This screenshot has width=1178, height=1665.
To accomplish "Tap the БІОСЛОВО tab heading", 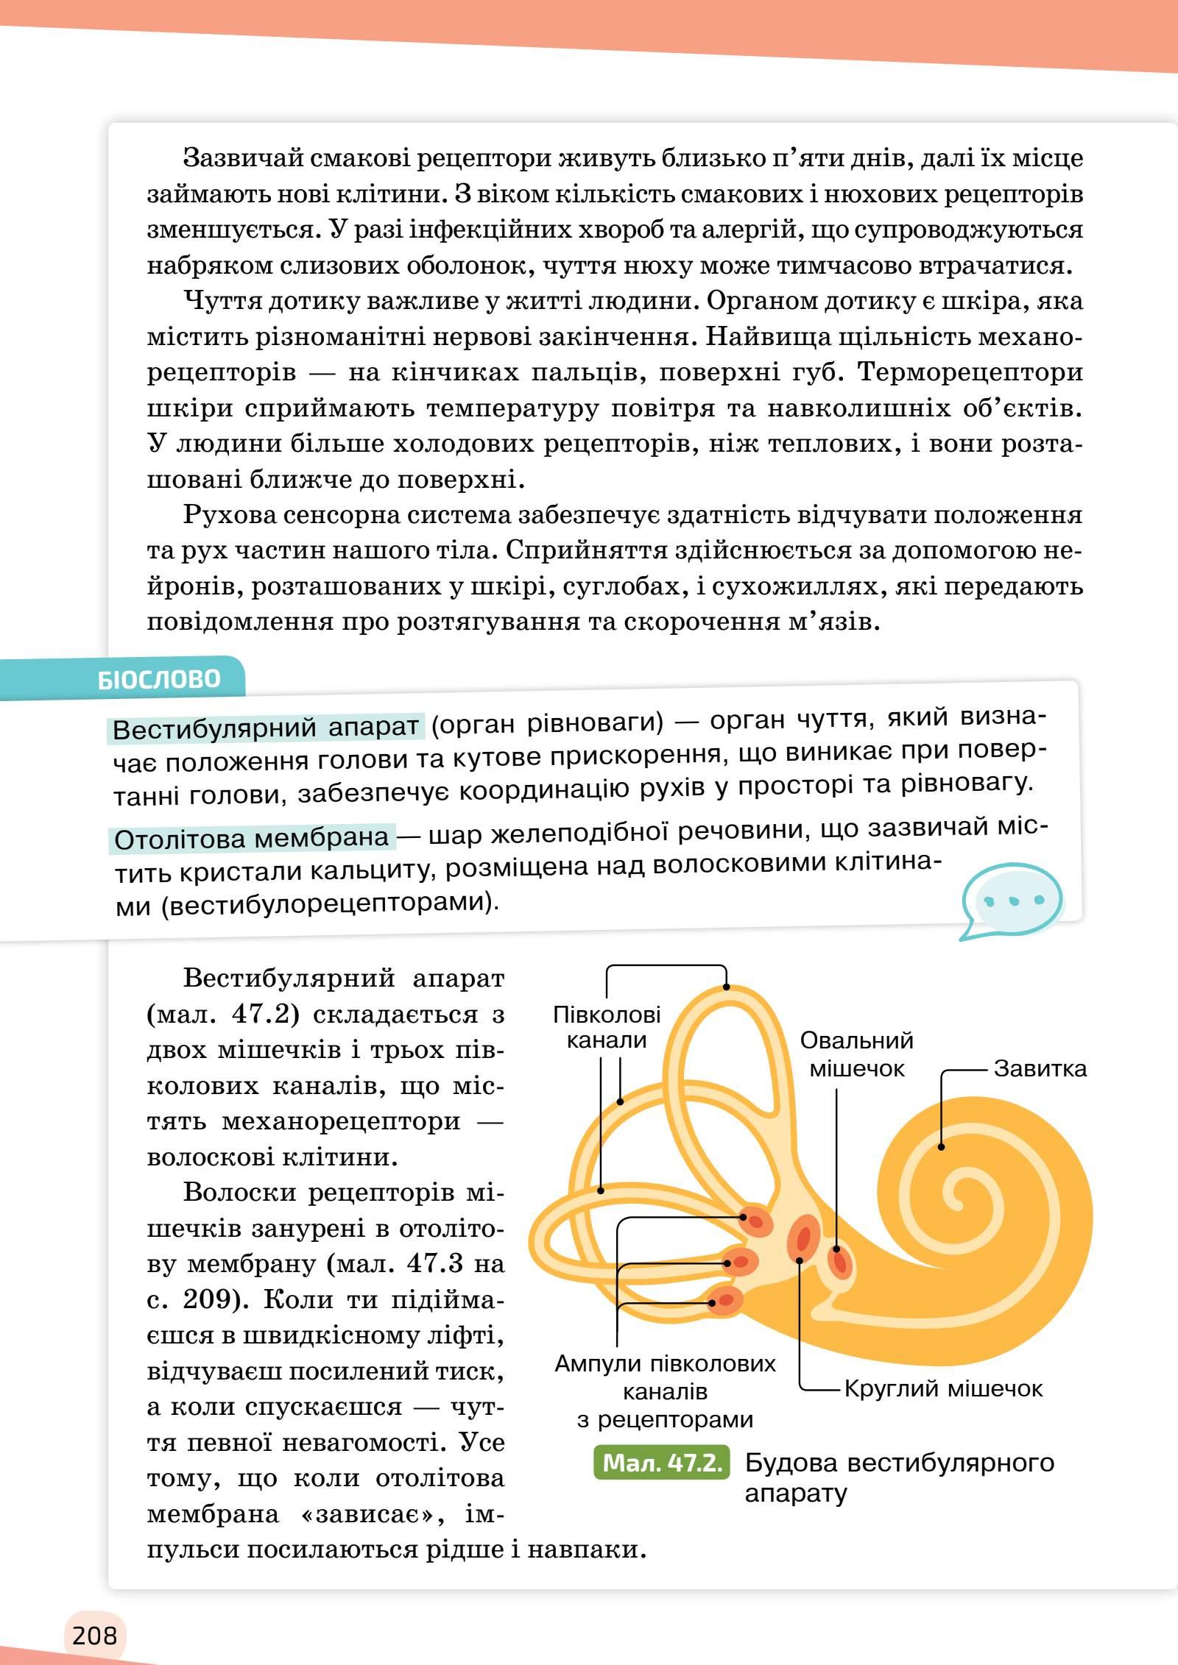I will pos(159,679).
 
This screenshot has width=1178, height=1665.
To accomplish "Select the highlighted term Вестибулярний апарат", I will pos(266,728).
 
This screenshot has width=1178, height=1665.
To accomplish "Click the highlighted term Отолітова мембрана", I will pos(252,838).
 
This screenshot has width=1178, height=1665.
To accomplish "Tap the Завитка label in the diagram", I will pos(1040,1068).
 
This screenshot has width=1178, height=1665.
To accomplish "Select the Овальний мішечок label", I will pos(857,1054).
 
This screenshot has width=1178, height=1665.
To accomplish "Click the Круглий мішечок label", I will pos(943,1388).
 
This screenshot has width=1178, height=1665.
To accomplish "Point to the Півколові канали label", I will pos(607,1027).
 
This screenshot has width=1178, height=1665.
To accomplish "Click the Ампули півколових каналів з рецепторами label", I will pos(665,1391).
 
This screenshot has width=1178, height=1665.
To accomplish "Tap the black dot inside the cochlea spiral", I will pos(941,1146).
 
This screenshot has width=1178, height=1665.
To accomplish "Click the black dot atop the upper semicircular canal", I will pos(726,987).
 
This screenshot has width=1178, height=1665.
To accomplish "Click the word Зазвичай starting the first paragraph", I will pos(241,158).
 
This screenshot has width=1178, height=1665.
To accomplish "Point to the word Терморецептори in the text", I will pos(970,372).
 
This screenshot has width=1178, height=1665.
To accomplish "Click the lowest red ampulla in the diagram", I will pos(725,1301).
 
